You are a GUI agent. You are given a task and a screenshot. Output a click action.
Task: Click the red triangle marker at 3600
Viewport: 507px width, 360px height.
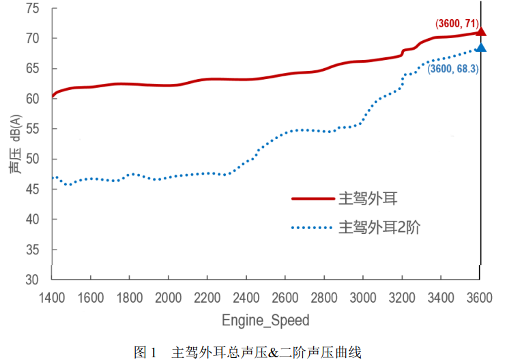pyautogui.click(x=480, y=31)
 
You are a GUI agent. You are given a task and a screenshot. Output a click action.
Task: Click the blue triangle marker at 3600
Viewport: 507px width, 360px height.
pyautogui.click(x=480, y=47)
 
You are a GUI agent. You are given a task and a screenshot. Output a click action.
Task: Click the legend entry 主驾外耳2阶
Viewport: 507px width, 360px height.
pyautogui.click(x=379, y=228)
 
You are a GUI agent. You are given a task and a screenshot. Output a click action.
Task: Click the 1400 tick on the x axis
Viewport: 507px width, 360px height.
pyautogui.click(x=52, y=297)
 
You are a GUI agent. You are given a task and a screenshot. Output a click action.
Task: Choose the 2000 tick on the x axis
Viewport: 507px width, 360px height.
pyautogui.click(x=169, y=297)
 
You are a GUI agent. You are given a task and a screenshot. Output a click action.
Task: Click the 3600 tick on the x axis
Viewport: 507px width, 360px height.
pyautogui.click(x=480, y=297)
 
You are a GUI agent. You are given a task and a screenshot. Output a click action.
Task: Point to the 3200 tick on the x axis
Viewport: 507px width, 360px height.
pyautogui.click(x=402, y=297)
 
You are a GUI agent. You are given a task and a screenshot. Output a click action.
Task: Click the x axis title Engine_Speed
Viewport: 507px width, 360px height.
pyautogui.click(x=265, y=320)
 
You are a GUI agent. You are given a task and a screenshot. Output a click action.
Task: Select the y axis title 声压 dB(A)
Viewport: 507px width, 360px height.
pyautogui.click(x=14, y=145)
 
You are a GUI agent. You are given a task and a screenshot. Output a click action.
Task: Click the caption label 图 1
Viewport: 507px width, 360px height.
pyautogui.click(x=146, y=352)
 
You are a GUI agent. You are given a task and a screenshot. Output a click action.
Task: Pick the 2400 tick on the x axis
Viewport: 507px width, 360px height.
pyautogui.click(x=246, y=297)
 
